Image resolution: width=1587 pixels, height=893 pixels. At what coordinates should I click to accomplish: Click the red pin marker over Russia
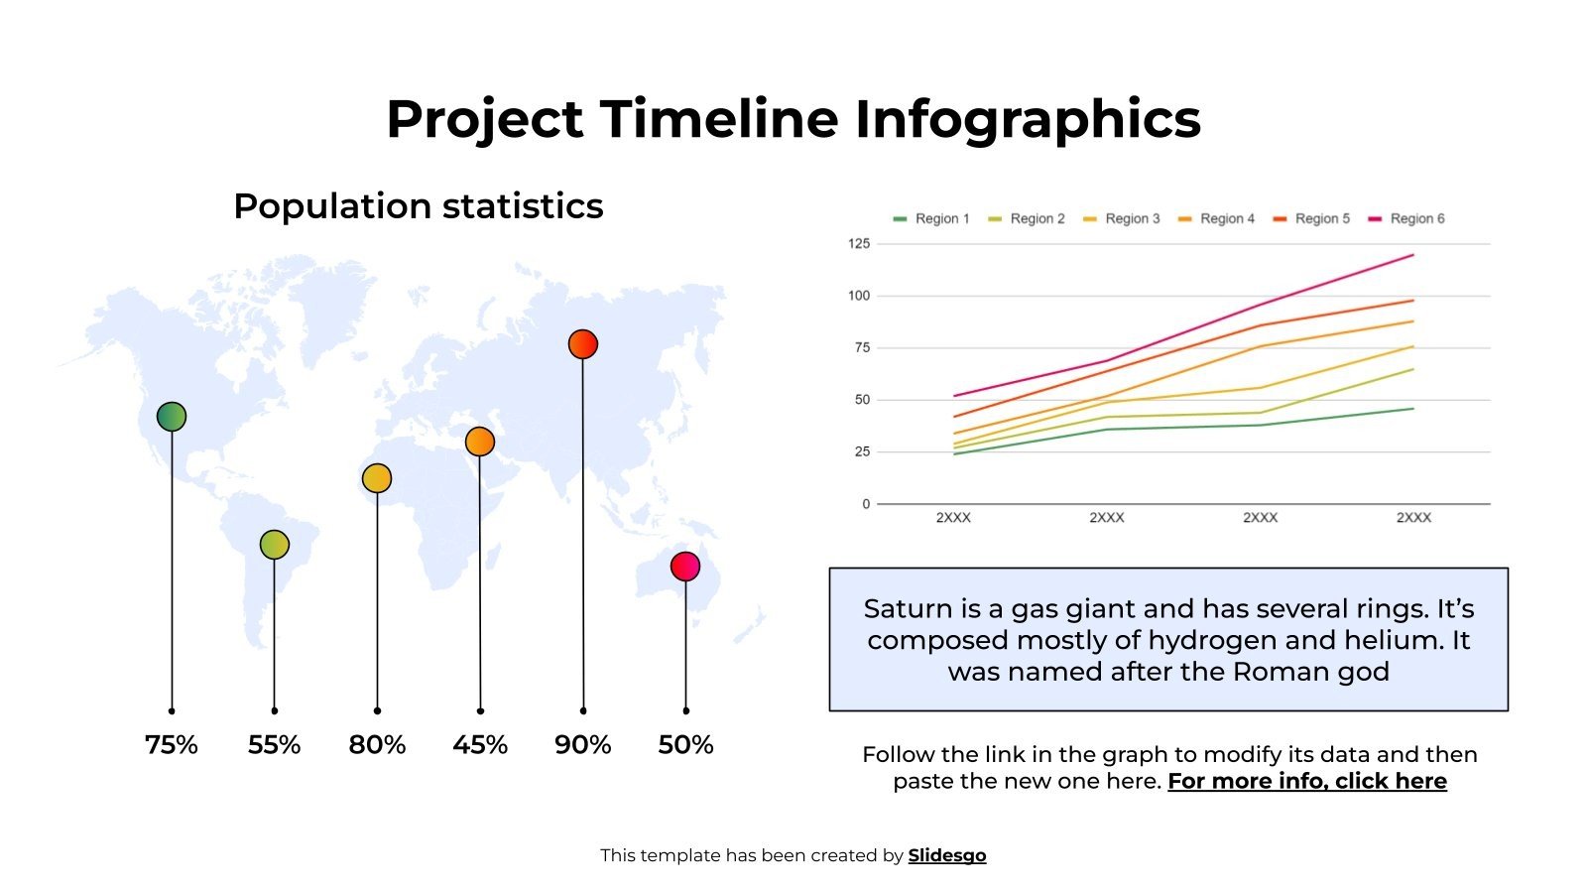pos(582,344)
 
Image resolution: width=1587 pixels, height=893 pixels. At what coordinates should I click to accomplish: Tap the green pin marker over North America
pos(172,417)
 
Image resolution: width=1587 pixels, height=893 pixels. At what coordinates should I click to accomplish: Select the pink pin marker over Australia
pos(685,567)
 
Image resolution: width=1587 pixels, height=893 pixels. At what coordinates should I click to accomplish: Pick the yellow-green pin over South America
pos(275,545)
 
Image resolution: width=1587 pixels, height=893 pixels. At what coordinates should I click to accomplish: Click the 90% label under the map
pos(582,745)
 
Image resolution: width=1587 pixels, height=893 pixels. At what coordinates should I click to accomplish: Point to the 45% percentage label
pos(480,745)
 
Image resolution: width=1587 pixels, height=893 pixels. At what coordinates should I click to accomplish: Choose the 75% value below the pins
pos(172,745)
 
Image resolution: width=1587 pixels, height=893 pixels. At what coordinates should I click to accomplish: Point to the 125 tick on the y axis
pos(858,243)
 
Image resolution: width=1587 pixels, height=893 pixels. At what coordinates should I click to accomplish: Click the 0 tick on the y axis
pos(866,504)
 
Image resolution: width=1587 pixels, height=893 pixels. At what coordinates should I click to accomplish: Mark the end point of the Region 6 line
pos(1412,255)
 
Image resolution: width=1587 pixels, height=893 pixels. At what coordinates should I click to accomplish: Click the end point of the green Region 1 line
pos(1412,409)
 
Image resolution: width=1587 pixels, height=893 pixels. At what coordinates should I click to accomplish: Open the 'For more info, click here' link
pos(1306,782)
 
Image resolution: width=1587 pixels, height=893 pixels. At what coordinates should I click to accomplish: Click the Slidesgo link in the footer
pos(946,856)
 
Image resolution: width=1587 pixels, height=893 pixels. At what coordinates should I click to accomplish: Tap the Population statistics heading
pos(418,206)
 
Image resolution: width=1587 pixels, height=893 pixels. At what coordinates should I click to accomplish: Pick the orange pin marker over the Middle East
pos(480,442)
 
